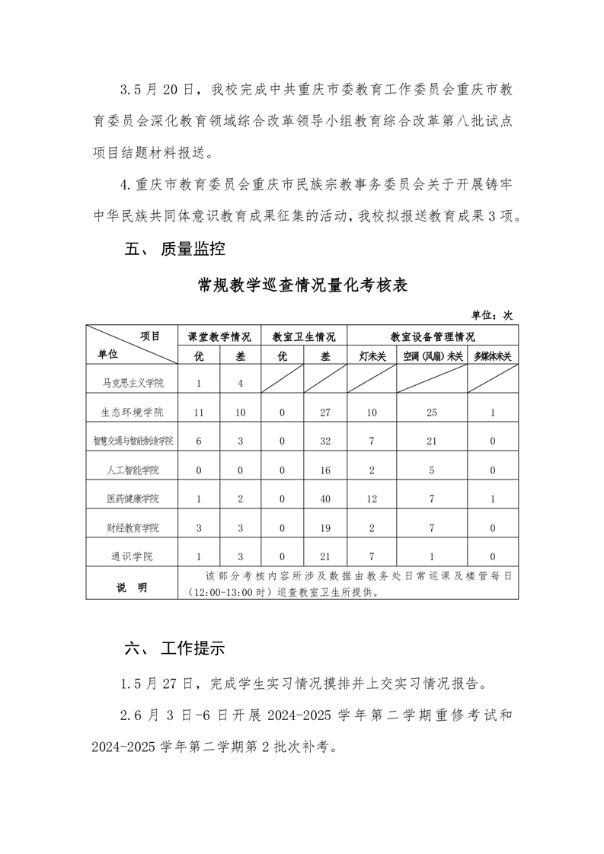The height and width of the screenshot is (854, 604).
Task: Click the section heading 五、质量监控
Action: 174,249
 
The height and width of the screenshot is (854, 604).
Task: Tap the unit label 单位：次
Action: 492,314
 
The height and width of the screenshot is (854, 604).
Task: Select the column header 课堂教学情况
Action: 219,336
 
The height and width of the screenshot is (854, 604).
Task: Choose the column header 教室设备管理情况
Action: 433,336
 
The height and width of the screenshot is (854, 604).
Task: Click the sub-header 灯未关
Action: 372,355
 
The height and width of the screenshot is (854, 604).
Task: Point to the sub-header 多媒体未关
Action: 493,355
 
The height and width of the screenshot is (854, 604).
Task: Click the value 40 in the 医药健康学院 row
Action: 325,499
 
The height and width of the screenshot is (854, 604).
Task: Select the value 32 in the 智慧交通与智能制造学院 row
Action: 325,441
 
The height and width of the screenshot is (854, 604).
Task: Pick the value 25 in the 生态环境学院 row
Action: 432,412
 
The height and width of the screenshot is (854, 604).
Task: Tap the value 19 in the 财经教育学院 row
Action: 325,527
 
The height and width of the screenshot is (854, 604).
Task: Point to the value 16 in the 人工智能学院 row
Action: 325,470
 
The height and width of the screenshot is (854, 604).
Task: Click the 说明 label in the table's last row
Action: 132,588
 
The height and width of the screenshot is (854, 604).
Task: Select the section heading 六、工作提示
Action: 174,648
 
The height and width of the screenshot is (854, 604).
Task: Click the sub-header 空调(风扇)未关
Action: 432,355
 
